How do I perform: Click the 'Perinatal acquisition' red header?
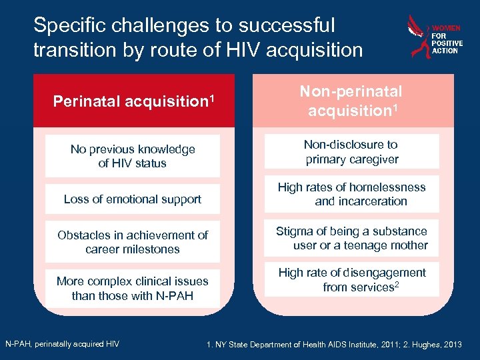click(x=133, y=101)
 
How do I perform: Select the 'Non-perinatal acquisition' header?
click(x=351, y=101)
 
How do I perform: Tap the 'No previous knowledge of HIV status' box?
click(x=133, y=156)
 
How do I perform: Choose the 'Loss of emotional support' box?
click(x=133, y=199)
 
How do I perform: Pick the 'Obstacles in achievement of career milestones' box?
click(x=133, y=242)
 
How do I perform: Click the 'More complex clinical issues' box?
click(x=133, y=288)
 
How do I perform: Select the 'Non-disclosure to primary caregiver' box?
click(x=351, y=151)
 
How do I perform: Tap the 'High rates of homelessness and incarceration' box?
click(x=351, y=194)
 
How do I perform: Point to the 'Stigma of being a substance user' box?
click(x=351, y=238)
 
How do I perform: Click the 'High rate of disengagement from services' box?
click(x=351, y=280)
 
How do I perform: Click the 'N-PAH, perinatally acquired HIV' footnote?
click(x=62, y=344)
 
